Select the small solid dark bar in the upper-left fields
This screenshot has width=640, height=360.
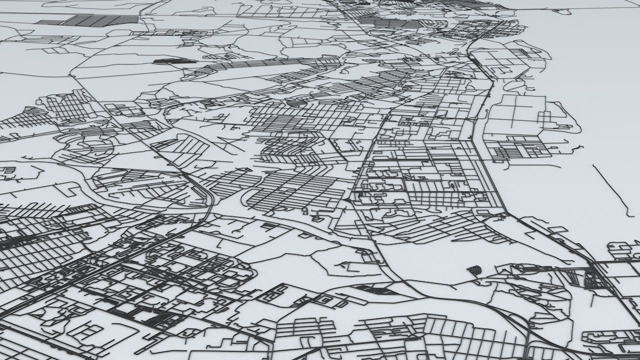(172, 61)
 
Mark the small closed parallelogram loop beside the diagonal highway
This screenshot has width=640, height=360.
(325, 300)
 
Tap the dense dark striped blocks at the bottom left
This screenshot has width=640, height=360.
(145, 315)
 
